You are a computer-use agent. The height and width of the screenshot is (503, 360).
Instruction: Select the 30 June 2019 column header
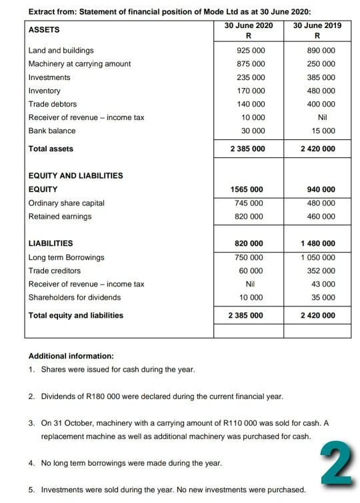pyautogui.click(x=317, y=25)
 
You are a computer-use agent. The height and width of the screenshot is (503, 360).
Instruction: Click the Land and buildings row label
pyautogui.click(x=61, y=51)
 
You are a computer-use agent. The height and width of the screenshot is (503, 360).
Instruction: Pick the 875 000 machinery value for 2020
pyautogui.click(x=251, y=64)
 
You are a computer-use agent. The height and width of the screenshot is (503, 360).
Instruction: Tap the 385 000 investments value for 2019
pyautogui.click(x=322, y=77)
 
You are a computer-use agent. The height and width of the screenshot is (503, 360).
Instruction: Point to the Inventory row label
pyautogui.click(x=44, y=91)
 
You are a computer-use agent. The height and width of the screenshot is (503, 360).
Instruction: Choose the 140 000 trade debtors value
pyautogui.click(x=251, y=104)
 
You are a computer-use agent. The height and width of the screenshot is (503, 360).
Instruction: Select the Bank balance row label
pyautogui.click(x=51, y=131)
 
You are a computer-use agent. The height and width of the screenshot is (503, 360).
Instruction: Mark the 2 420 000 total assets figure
pyautogui.click(x=317, y=149)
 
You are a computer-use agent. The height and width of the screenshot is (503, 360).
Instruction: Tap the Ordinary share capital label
pyautogui.click(x=66, y=203)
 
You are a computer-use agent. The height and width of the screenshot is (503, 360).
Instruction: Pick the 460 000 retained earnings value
pyautogui.click(x=322, y=217)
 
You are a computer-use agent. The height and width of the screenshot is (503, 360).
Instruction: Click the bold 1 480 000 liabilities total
pyautogui.click(x=317, y=244)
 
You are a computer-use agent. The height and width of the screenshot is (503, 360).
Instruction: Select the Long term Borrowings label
pyautogui.click(x=66, y=257)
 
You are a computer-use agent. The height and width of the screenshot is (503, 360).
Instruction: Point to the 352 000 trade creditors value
pyautogui.click(x=322, y=270)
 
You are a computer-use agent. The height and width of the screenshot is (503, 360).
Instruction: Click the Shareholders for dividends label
pyautogui.click(x=75, y=297)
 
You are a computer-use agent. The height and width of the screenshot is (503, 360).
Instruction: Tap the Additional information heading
pyautogui.click(x=71, y=356)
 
